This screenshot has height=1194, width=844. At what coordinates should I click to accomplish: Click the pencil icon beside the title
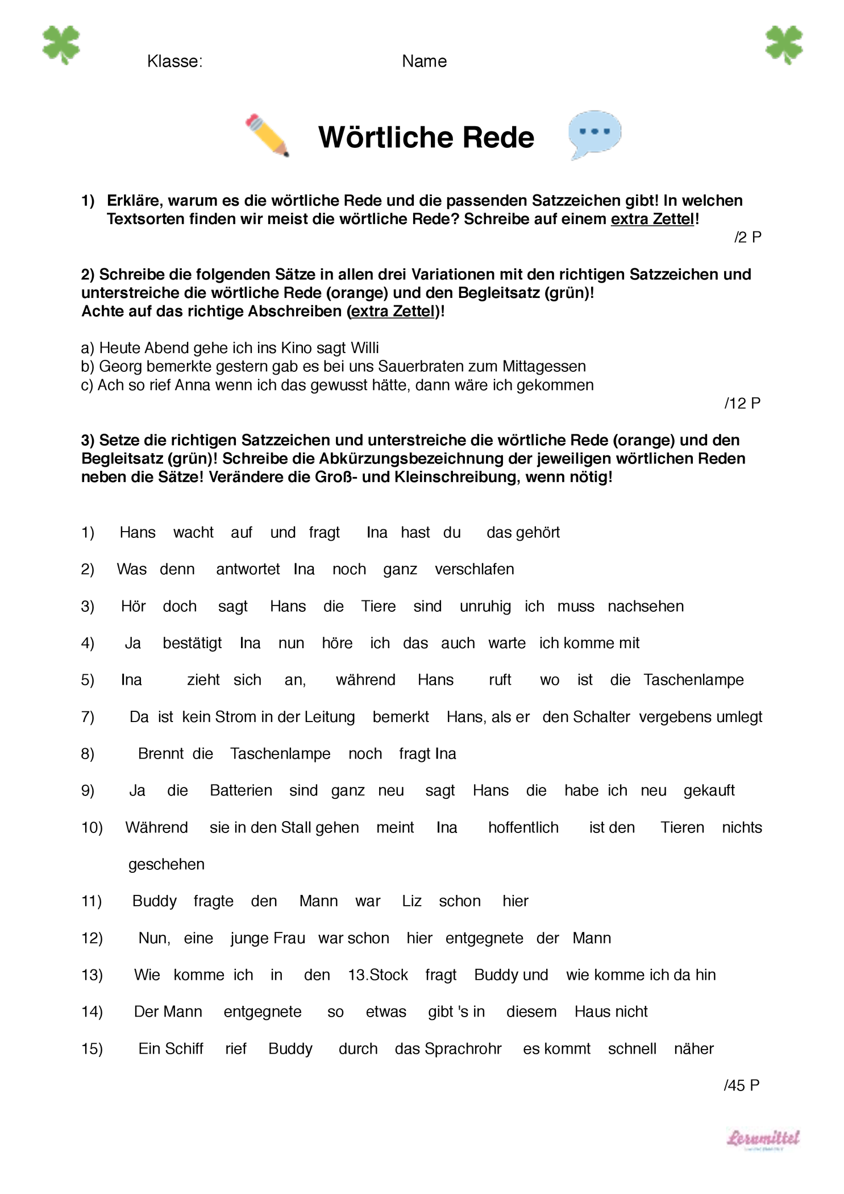(x=267, y=135)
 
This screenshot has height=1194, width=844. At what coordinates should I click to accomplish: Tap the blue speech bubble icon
(x=594, y=134)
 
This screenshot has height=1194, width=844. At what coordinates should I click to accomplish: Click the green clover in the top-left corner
(x=61, y=45)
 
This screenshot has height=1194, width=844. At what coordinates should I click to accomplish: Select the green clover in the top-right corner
(x=784, y=45)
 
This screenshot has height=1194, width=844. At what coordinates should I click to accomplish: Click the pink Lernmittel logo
(x=763, y=1138)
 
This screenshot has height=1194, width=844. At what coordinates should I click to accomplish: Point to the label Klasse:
(x=174, y=61)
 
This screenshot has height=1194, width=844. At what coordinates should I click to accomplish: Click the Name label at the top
(x=424, y=61)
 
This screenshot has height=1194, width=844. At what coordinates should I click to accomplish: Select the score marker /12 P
(x=742, y=403)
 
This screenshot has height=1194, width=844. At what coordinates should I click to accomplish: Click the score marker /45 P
(x=742, y=1085)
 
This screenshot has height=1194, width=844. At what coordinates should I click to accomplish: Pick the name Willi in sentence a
(x=365, y=348)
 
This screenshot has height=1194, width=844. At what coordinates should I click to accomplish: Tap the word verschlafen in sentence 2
(x=474, y=570)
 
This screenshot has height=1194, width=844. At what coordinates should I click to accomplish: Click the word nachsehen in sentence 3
(x=646, y=607)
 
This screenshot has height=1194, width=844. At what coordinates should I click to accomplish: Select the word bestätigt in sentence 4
(x=192, y=644)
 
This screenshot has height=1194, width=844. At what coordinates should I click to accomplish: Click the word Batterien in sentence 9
(x=241, y=791)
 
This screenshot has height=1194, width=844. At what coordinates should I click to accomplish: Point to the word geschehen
(x=166, y=865)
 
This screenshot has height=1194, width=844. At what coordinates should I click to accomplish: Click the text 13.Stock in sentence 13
(x=378, y=975)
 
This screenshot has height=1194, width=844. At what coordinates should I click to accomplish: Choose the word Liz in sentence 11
(x=411, y=901)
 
